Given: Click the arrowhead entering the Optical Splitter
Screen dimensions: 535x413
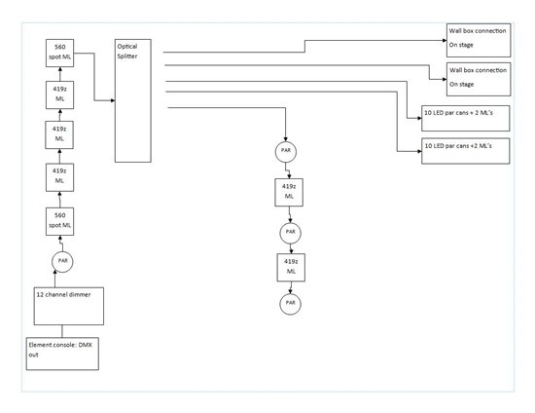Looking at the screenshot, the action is click(x=113, y=100).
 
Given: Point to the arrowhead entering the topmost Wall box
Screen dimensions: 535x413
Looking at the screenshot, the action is click(x=445, y=40).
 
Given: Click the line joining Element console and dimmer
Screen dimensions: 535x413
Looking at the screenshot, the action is click(x=62, y=331).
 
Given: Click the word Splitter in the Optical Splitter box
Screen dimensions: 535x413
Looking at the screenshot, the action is click(x=127, y=56).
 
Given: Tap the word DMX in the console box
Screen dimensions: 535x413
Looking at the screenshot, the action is click(x=86, y=345).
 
